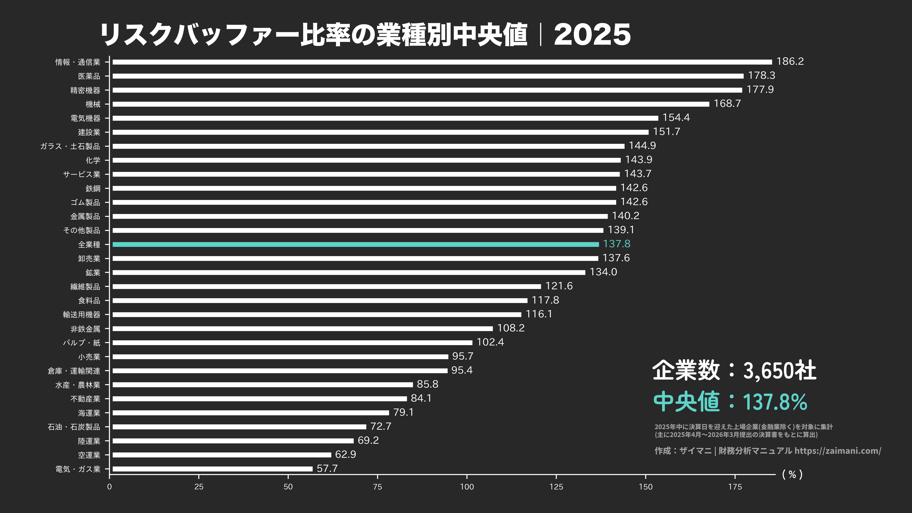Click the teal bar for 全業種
click(355, 244)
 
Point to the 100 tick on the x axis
click(467, 487)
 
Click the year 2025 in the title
click(592, 35)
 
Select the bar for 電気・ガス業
click(212, 469)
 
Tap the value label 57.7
click(327, 468)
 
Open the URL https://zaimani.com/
click(838, 451)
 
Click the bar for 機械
click(411, 104)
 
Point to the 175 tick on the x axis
click(735, 487)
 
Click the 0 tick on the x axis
click(109, 487)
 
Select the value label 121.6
click(559, 286)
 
